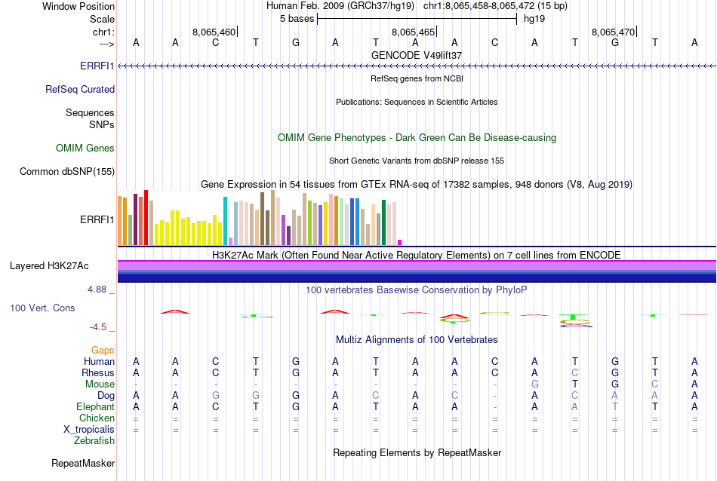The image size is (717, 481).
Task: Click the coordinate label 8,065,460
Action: click(x=214, y=32)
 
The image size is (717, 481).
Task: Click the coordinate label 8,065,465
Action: click(x=414, y=32)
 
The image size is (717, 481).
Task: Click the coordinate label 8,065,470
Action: click(x=614, y=32)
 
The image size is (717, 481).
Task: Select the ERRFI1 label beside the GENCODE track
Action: click(x=97, y=66)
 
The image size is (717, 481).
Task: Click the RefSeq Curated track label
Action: click(x=80, y=89)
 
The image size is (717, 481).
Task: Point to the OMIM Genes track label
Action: click(x=85, y=148)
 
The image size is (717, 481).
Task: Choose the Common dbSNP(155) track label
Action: click(x=67, y=171)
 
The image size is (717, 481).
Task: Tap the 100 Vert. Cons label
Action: click(x=42, y=308)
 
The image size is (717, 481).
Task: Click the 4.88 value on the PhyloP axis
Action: click(x=98, y=289)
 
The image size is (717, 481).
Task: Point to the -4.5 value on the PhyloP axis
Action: click(x=99, y=326)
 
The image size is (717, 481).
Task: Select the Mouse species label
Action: click(x=100, y=384)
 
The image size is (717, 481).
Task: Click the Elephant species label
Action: click(x=95, y=406)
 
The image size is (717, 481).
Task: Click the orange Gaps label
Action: click(x=103, y=350)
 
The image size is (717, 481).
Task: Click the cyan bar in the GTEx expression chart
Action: click(x=225, y=221)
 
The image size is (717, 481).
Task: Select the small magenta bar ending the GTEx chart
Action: click(x=400, y=242)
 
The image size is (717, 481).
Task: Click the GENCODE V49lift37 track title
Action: click(x=417, y=55)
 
